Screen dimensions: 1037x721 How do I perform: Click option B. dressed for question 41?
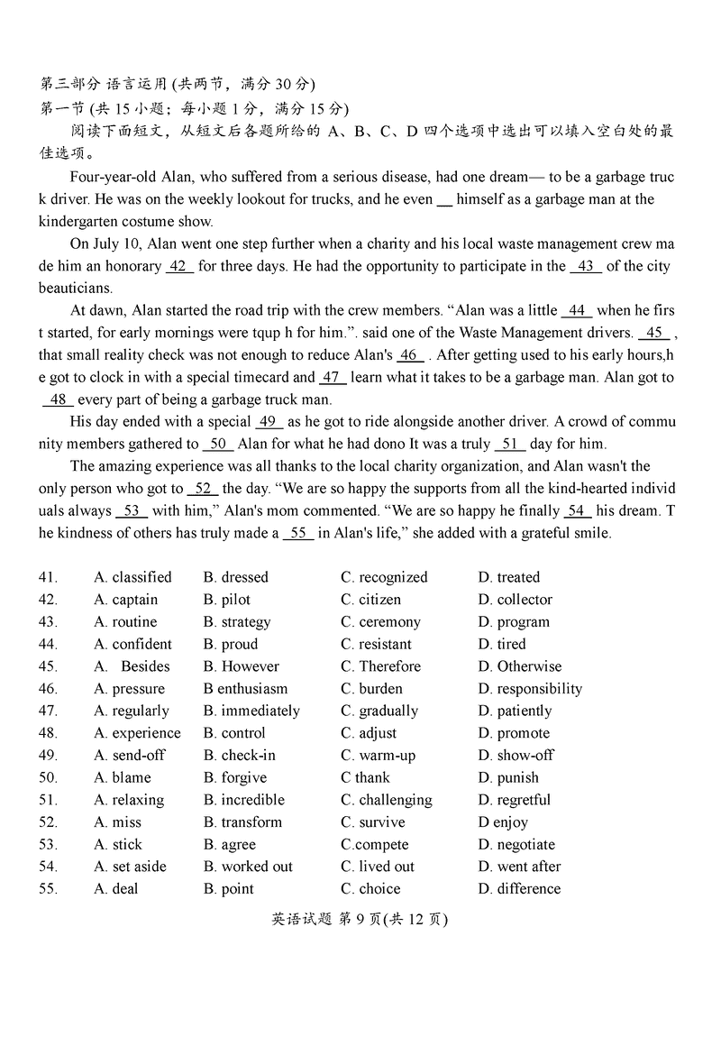coord(235,577)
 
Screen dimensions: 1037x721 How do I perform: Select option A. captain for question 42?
coord(125,600)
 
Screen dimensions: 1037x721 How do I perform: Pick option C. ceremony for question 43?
coord(380,622)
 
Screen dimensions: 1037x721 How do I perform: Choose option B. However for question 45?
coord(241,666)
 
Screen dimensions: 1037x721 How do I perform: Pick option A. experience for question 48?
coord(137,733)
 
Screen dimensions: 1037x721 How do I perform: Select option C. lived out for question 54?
coord(378,867)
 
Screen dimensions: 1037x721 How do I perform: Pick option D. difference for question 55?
coord(519,889)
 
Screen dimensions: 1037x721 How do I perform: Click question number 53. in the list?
coord(49,845)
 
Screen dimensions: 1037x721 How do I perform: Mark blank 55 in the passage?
coord(298,533)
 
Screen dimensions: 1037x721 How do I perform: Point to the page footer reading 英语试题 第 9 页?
coord(360,920)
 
